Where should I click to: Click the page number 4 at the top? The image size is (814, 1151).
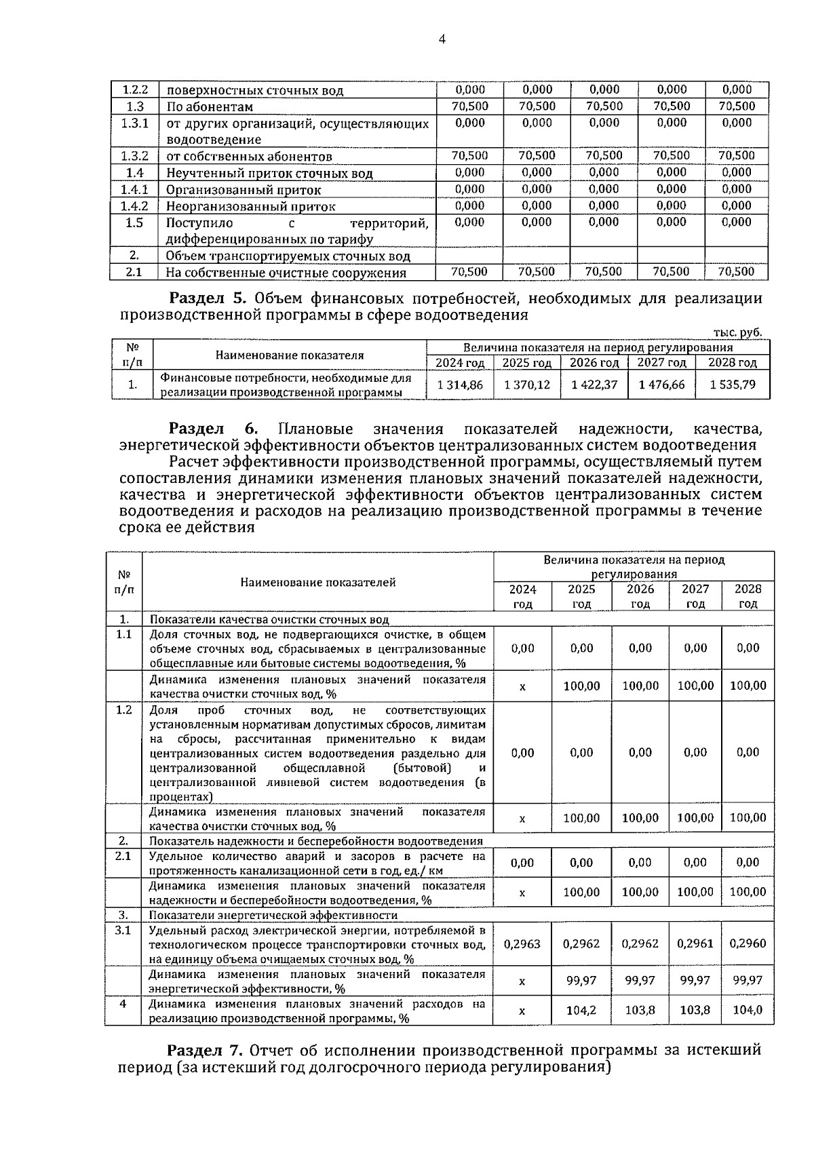pyautogui.click(x=442, y=39)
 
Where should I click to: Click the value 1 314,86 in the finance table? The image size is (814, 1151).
pyautogui.click(x=461, y=385)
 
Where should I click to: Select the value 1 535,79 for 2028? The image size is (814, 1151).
pyautogui.click(x=733, y=385)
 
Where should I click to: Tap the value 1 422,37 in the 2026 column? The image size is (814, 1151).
pyautogui.click(x=594, y=385)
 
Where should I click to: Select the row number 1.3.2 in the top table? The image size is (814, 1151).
pyautogui.click(x=134, y=156)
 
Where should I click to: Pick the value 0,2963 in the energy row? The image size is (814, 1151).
pyautogui.click(x=522, y=943)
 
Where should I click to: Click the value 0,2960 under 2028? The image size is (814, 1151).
pyautogui.click(x=748, y=943)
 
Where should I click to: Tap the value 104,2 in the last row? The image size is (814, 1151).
pyautogui.click(x=581, y=1010)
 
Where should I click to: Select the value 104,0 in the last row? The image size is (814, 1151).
pyautogui.click(x=748, y=1010)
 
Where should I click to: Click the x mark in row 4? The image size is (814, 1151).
pyautogui.click(x=522, y=1011)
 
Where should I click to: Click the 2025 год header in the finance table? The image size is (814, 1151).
pyautogui.click(x=527, y=363)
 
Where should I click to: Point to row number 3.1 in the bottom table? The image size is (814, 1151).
pyautogui.click(x=123, y=930)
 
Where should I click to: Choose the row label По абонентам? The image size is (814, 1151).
pyautogui.click(x=210, y=106)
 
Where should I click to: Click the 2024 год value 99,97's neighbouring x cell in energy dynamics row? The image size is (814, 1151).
pyautogui.click(x=522, y=981)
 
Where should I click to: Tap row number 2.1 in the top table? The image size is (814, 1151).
pyautogui.click(x=134, y=272)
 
